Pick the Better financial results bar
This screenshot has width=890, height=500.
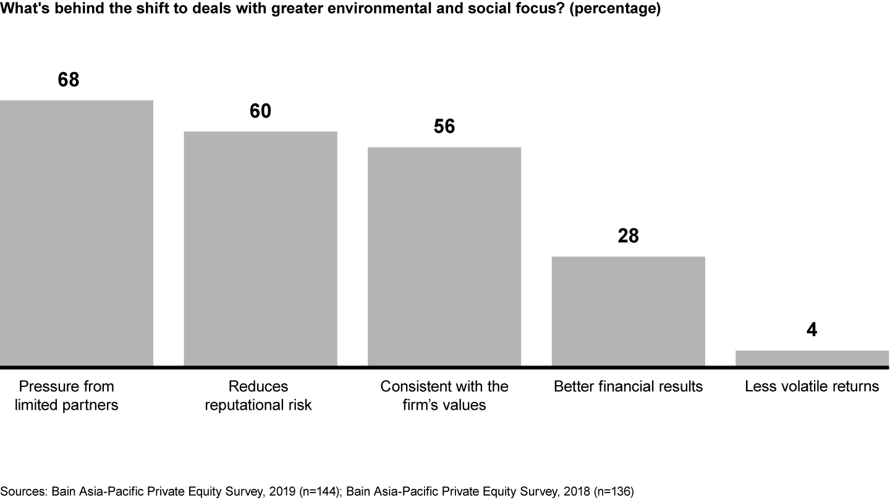pyautogui.click(x=628, y=311)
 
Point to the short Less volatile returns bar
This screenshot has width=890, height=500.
pyautogui.click(x=812, y=358)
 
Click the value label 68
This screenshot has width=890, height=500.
pyautogui.click(x=69, y=80)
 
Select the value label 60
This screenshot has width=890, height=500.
pyautogui.click(x=260, y=111)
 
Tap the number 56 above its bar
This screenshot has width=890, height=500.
pyautogui.click(x=444, y=127)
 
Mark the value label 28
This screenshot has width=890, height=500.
pyautogui.click(x=628, y=236)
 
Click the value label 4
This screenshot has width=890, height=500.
pyautogui.click(x=812, y=330)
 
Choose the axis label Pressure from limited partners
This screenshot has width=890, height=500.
pyautogui.click(x=67, y=396)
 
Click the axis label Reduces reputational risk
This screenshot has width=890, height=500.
pyautogui.click(x=258, y=396)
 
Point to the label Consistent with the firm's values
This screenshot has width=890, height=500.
pyautogui.click(x=444, y=396)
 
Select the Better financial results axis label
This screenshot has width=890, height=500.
pyautogui.click(x=628, y=386)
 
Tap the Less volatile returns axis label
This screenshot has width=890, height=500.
pyautogui.click(x=812, y=386)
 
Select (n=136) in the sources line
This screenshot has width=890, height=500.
pyautogui.click(x=612, y=491)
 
